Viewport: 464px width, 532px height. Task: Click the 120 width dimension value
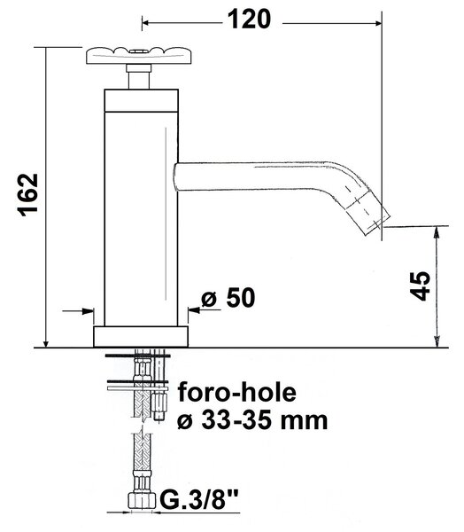[249, 20]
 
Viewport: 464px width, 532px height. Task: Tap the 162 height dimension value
[27, 195]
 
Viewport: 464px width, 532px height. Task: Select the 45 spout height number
[420, 286]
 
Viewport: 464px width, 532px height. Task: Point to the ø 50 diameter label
[228, 298]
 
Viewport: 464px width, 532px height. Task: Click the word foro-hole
[237, 392]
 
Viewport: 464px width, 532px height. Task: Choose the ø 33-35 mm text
[252, 420]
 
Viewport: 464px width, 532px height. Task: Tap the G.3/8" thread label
[199, 498]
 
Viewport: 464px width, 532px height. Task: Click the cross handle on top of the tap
[139, 55]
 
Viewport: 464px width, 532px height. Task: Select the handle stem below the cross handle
[139, 77]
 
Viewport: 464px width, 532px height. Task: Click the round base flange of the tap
[141, 337]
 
